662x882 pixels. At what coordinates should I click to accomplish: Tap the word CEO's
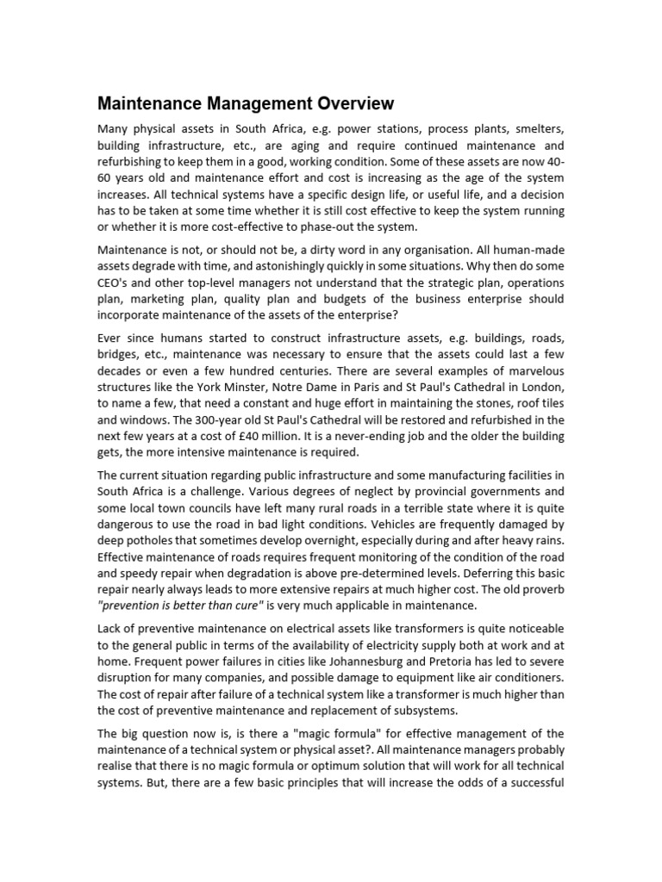116,282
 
